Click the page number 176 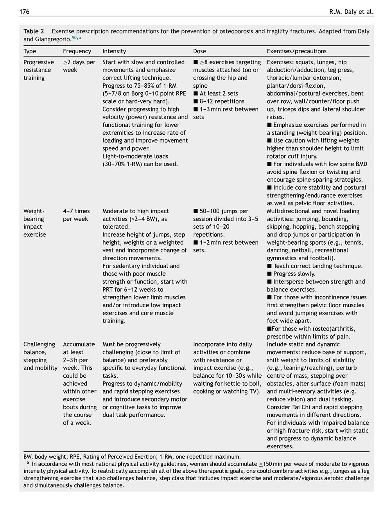(x=24, y=11)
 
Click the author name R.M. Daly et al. (x=351, y=12)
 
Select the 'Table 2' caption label (x=34, y=31)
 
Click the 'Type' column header (x=30, y=51)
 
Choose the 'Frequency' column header (x=77, y=51)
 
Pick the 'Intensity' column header (x=114, y=51)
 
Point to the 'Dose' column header (x=199, y=51)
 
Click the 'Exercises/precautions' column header (x=296, y=51)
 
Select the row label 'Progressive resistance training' (x=38, y=70)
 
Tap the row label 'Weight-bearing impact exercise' (x=34, y=223)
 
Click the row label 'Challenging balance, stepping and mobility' (x=40, y=356)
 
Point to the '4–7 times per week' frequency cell (x=76, y=215)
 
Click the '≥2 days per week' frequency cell (x=79, y=66)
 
